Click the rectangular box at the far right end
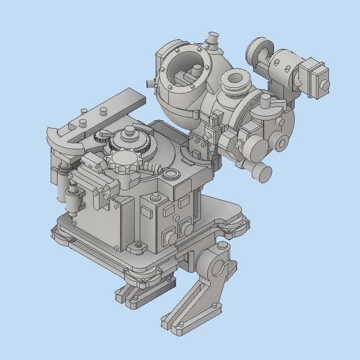[x=315, y=77]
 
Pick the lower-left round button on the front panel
[x=167, y=237]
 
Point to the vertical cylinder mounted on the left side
[x=73, y=199]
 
